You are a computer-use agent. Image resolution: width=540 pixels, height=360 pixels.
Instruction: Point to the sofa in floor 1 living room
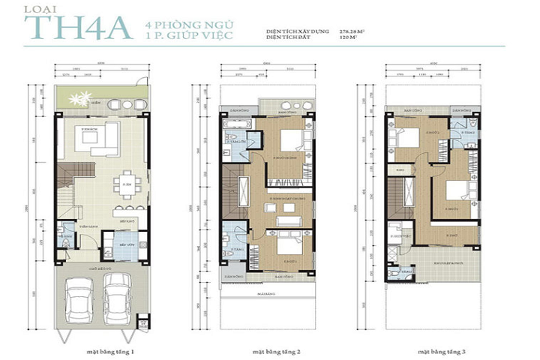pyautogui.click(x=105, y=137)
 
